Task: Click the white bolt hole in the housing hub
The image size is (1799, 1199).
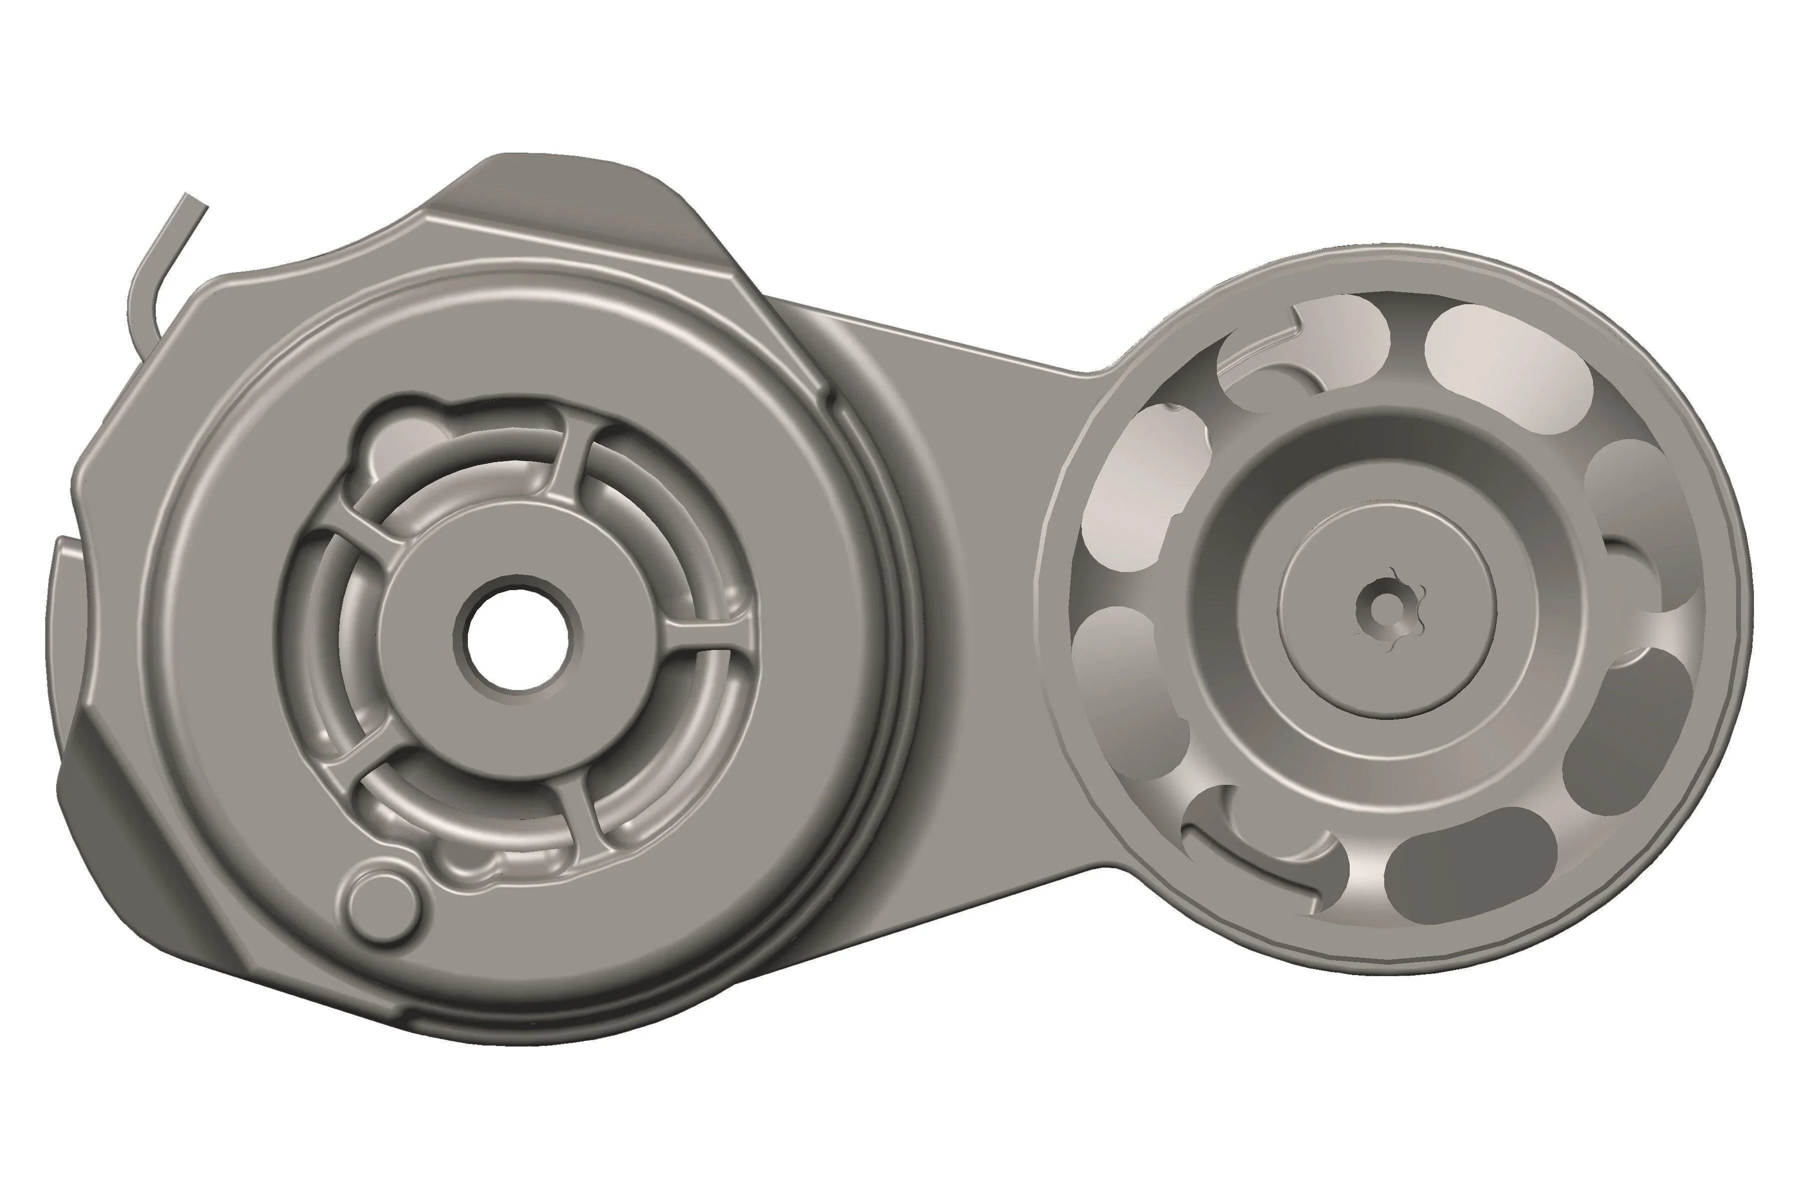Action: point(517,639)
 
